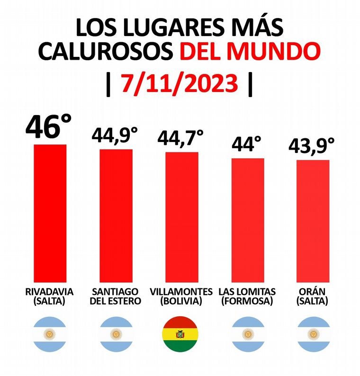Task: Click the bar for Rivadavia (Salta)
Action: [x=50, y=213]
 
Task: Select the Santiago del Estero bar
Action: [x=116, y=215]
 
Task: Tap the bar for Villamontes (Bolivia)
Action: [x=181, y=217]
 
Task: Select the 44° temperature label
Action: [x=247, y=144]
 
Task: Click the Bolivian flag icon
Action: [x=180, y=334]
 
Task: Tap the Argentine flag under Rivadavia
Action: [x=49, y=334]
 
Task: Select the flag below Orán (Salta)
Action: [x=313, y=334]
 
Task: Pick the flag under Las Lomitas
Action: [x=247, y=334]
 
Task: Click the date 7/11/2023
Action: [x=179, y=84]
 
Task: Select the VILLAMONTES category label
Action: [x=181, y=291]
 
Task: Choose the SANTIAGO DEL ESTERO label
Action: [x=115, y=296]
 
